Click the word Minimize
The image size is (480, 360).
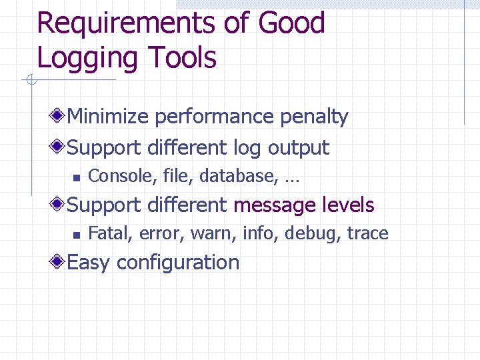108,117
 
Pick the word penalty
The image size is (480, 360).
314,117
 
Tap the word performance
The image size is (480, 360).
214,117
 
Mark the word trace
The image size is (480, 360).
367,233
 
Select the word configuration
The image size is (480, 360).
178,263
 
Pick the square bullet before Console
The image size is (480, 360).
77,177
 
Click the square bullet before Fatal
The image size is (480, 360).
77,235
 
